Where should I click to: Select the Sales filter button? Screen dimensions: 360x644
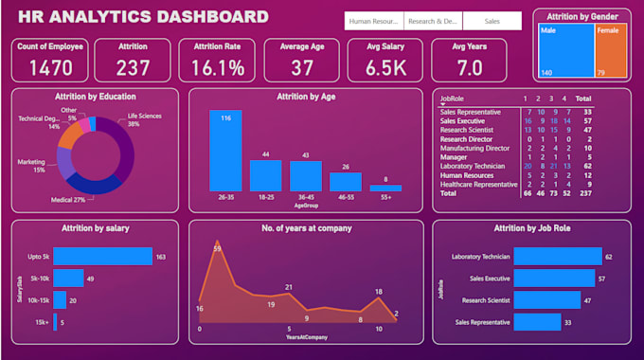pyautogui.click(x=492, y=21)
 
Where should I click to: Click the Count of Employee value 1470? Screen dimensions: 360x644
pyautogui.click(x=51, y=67)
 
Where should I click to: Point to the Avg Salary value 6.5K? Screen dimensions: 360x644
pyautogui.click(x=385, y=67)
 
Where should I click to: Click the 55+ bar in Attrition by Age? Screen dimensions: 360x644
pyautogui.click(x=385, y=188)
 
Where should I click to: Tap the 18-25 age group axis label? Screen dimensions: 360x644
pyautogui.click(x=265, y=197)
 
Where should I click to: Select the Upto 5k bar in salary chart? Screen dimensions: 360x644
pyautogui.click(x=102, y=256)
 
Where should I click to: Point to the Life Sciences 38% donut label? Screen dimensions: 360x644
pyautogui.click(x=146, y=120)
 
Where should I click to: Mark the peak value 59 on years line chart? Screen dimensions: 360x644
pyautogui.click(x=218, y=248)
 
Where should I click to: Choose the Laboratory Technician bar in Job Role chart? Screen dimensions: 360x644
pyautogui.click(x=557, y=256)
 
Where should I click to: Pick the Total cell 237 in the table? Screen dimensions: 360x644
pyautogui.click(x=584, y=192)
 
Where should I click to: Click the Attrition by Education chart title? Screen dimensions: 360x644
pyautogui.click(x=96, y=97)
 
